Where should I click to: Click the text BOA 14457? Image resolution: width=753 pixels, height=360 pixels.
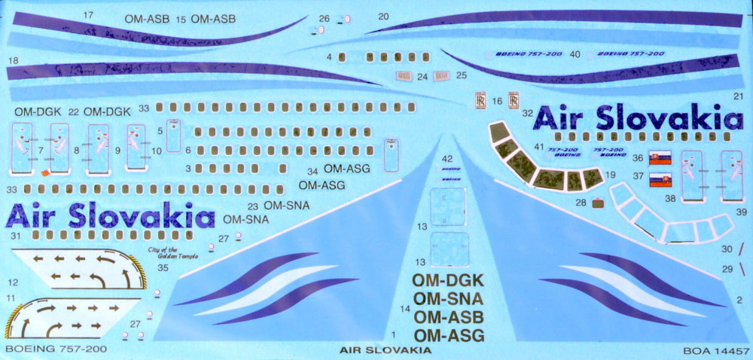[x=715, y=351]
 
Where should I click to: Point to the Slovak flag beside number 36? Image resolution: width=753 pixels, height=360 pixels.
[x=660, y=159]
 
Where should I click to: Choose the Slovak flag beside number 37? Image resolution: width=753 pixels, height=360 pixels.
[x=660, y=179]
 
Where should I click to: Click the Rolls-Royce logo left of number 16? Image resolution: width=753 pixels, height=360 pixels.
[x=479, y=102]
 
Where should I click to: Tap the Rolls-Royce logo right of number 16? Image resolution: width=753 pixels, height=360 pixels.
[x=512, y=102]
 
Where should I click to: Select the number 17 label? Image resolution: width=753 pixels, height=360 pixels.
[x=88, y=15]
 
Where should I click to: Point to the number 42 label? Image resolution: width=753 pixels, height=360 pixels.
[x=447, y=159]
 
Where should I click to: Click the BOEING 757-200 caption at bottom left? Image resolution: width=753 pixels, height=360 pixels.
[x=55, y=349]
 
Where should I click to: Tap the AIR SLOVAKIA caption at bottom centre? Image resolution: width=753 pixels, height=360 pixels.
[x=385, y=351]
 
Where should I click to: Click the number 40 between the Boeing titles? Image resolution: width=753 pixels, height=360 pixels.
[x=575, y=54]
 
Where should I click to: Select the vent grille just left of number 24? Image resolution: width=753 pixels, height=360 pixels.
[x=404, y=76]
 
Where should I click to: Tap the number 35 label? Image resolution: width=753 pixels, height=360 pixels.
[x=163, y=267]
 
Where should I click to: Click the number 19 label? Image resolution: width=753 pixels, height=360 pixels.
[x=611, y=175]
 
